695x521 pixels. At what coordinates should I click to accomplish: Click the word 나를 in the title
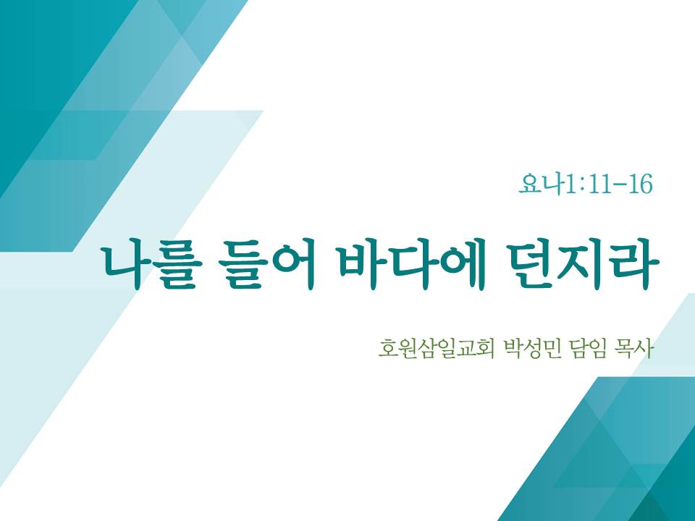pyautogui.click(x=151, y=265)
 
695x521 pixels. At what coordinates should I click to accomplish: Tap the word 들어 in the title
pyautogui.click(x=267, y=265)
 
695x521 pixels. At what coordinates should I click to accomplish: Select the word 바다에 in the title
pyautogui.click(x=412, y=265)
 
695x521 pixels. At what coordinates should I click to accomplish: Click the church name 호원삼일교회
pyautogui.click(x=436, y=349)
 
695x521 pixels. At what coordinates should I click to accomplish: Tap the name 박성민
pyautogui.click(x=532, y=349)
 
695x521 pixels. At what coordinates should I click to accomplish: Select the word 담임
pyautogui.click(x=588, y=349)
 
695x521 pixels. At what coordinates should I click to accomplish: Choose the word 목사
pyautogui.click(x=635, y=349)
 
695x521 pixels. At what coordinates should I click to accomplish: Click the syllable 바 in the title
pyautogui.click(x=363, y=265)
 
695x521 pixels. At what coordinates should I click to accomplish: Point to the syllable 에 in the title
pyautogui.click(x=461, y=265)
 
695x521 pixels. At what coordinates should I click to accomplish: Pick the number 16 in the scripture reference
pyautogui.click(x=641, y=185)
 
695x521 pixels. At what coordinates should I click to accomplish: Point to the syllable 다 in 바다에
pyautogui.click(x=412, y=265)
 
